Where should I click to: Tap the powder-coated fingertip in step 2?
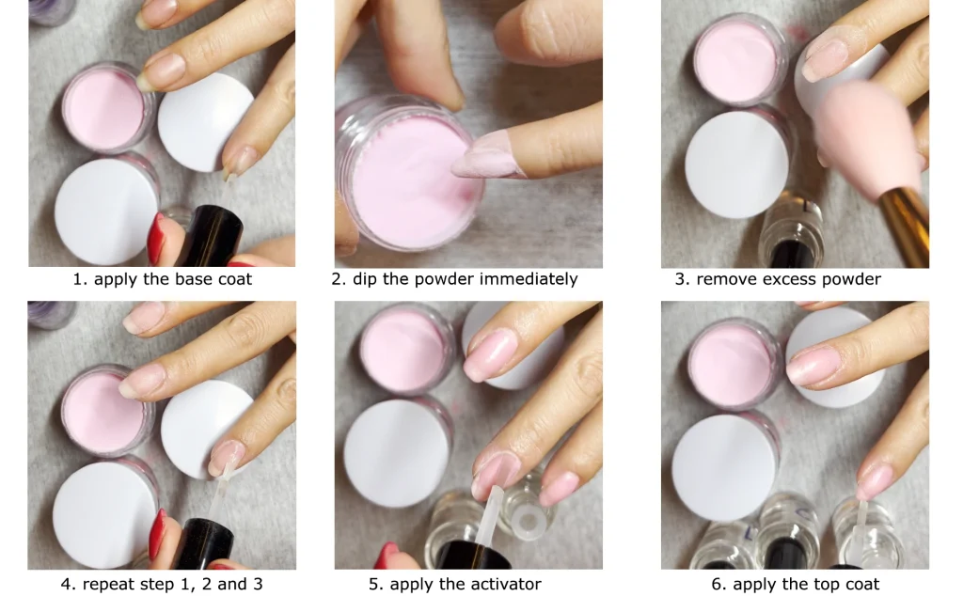coord(485,156)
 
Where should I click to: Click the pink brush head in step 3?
coord(867,138)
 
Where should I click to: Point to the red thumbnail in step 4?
coord(157,534)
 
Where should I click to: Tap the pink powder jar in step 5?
coord(406,351)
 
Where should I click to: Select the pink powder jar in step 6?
coord(734,364)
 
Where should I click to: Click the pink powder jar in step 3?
coord(739,60)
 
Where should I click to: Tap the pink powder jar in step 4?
coord(107,411)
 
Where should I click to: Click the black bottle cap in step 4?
coord(204,543)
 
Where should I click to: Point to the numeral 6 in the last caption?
coord(716,584)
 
